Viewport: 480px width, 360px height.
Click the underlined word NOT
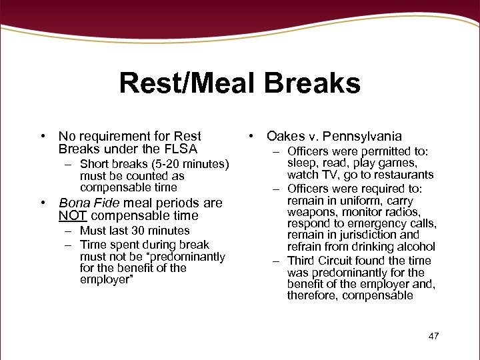pos(73,215)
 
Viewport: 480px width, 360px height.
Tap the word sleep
pos(302,163)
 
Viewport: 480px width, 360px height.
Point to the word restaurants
pos(404,175)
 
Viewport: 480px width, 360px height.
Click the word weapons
pos(310,211)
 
